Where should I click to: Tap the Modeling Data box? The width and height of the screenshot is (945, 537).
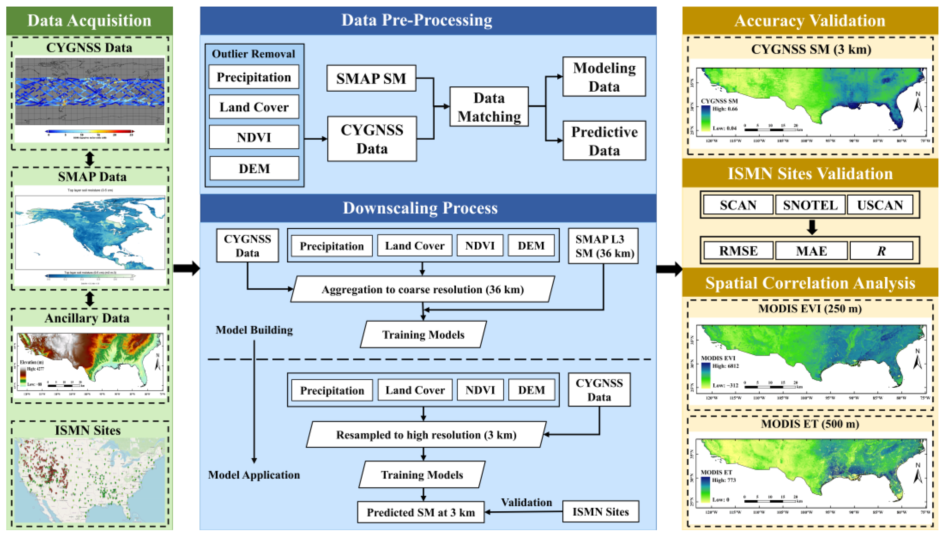tap(604, 77)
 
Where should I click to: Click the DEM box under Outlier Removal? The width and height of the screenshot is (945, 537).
tap(254, 168)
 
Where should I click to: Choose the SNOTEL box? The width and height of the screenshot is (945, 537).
tap(810, 205)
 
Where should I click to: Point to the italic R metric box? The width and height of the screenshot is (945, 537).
tap(881, 251)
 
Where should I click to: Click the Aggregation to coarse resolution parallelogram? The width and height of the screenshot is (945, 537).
tap(422, 289)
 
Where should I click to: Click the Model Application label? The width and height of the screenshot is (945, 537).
tap(254, 475)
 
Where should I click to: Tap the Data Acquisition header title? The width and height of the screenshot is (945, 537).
tap(89, 21)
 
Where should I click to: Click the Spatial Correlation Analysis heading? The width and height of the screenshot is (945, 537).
tap(810, 283)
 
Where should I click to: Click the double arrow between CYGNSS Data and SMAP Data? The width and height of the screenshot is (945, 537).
tap(90, 159)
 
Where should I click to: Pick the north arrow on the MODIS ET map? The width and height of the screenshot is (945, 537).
tap(918, 474)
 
